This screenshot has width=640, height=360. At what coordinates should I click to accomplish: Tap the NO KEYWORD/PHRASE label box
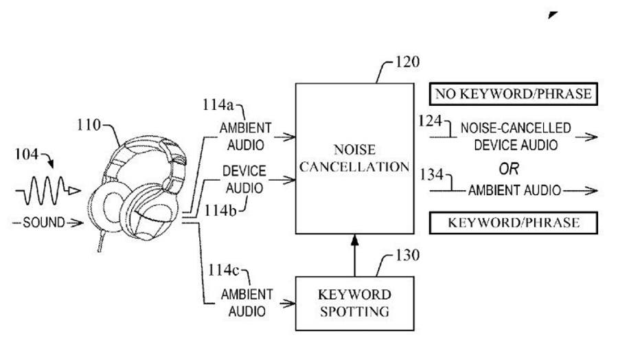(513, 94)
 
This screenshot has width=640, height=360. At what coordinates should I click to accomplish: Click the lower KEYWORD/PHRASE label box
(513, 223)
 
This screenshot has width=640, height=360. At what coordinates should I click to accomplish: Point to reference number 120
(407, 63)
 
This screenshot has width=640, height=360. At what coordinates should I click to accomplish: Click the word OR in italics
(509, 168)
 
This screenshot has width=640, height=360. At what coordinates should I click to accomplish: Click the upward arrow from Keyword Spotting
(354, 254)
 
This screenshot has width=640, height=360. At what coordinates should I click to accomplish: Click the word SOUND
(43, 223)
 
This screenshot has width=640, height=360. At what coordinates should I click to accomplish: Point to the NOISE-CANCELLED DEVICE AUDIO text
(515, 137)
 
